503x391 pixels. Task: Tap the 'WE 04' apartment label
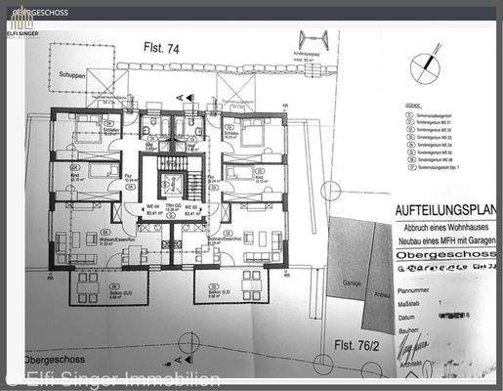click(152, 206)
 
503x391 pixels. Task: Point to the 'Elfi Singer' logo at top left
click(21, 25)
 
